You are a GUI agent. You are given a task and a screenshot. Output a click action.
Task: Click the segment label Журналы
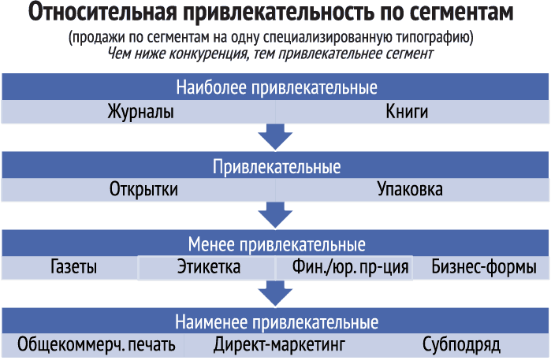140,112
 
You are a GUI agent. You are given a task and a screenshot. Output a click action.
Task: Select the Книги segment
407,112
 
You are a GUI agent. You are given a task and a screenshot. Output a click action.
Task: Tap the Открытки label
143,190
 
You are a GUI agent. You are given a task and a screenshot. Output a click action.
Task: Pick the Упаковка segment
410,189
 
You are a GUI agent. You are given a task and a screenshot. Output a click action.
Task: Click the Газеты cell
74,266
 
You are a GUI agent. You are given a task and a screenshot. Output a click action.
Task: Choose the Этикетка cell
209,266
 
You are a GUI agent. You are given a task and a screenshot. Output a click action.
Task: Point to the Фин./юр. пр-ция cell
350,267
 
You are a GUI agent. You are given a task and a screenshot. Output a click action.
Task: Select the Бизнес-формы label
484,267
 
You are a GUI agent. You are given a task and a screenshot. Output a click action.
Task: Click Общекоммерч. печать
96,344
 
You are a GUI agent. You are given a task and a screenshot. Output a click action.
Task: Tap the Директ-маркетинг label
279,345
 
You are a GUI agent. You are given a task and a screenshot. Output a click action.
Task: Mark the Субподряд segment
461,345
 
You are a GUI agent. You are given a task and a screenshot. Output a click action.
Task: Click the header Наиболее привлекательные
277,87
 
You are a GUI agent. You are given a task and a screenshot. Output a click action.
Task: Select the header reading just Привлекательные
277,166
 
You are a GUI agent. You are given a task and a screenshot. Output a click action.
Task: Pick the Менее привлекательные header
277,244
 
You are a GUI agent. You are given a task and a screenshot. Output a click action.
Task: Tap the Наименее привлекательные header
277,322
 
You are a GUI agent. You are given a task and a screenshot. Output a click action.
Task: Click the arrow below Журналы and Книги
275,136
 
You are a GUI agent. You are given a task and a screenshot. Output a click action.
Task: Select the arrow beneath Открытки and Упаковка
275,214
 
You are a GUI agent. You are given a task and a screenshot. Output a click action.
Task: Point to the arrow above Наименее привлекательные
275,293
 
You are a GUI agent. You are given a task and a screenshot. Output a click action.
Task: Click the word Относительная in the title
102,12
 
